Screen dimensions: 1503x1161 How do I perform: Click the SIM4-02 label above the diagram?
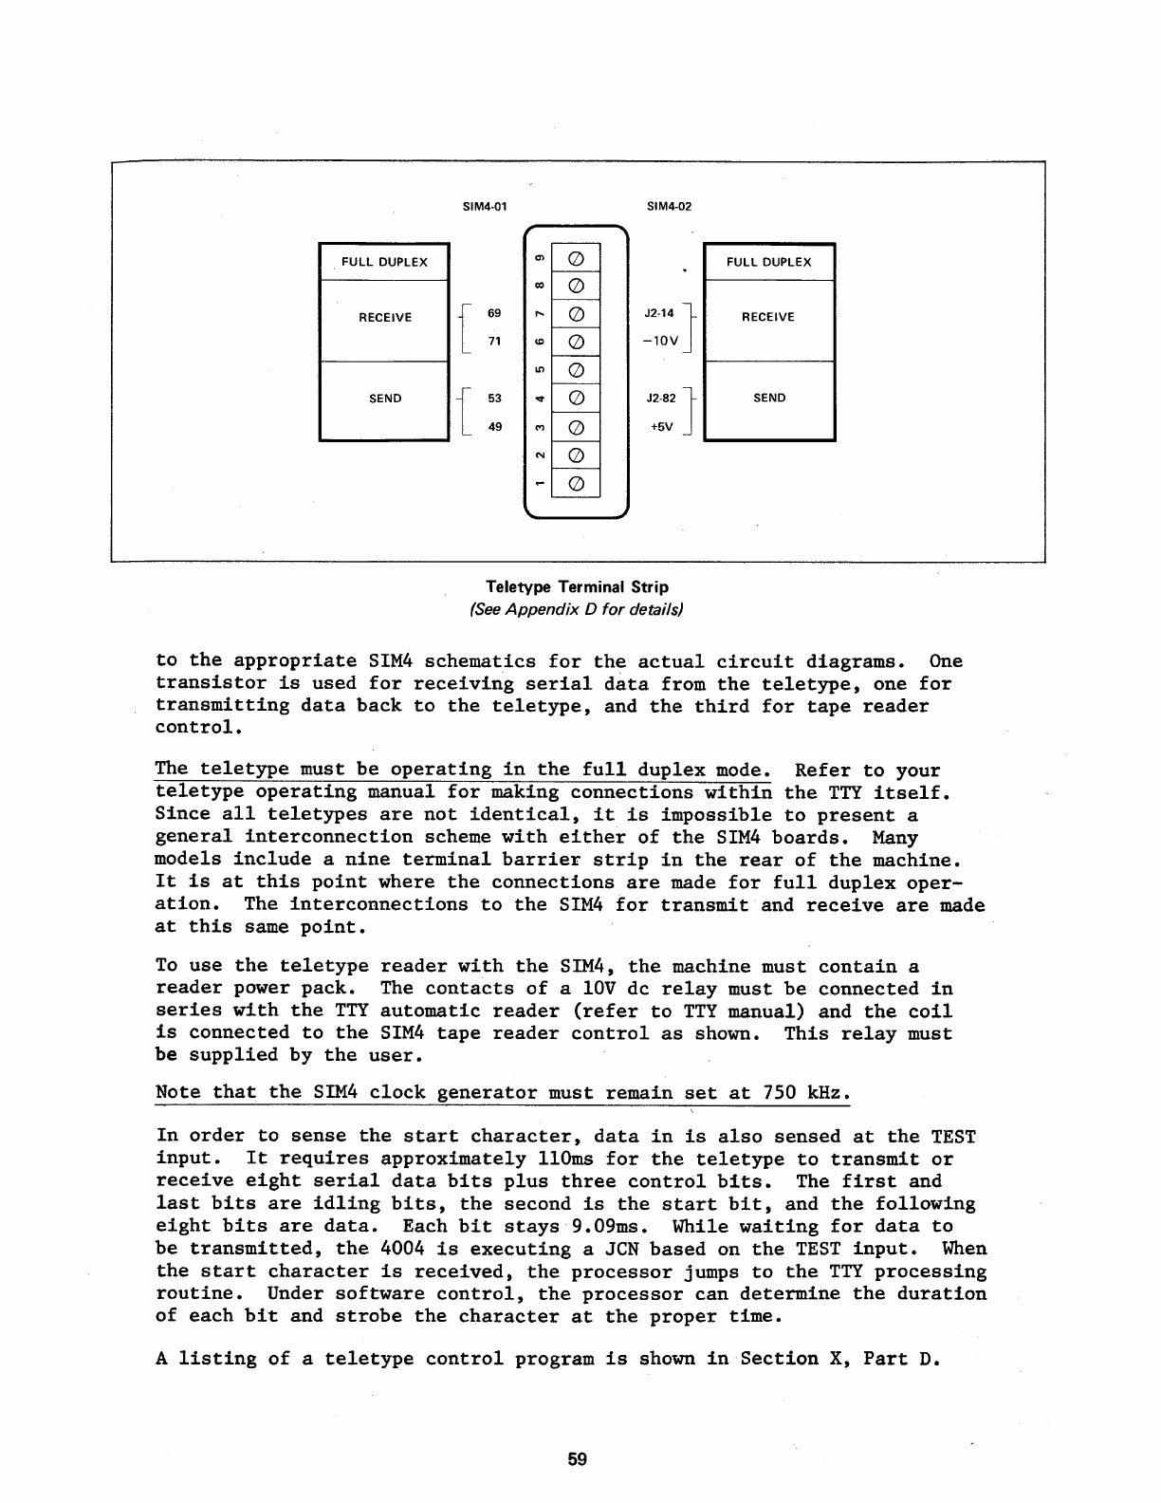pyautogui.click(x=669, y=205)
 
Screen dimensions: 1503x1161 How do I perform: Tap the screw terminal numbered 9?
pyautogui.click(x=576, y=258)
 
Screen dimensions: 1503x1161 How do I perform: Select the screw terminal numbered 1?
pyautogui.click(x=576, y=486)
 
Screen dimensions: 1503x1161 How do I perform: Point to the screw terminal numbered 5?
pyautogui.click(x=576, y=371)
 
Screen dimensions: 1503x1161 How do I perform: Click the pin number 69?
pyautogui.click(x=494, y=313)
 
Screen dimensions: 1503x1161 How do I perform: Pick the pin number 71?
pyautogui.click(x=494, y=342)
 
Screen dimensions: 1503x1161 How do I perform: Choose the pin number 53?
pyautogui.click(x=494, y=399)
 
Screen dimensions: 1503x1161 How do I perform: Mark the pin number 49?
pyautogui.click(x=494, y=427)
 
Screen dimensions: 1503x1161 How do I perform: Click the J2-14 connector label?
pyautogui.click(x=658, y=312)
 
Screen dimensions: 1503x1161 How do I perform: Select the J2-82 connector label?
pyautogui.click(x=659, y=399)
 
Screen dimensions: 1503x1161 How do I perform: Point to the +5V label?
pyautogui.click(x=661, y=427)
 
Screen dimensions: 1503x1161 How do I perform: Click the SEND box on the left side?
pyautogui.click(x=384, y=399)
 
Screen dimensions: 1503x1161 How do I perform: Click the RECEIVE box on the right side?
pyautogui.click(x=768, y=317)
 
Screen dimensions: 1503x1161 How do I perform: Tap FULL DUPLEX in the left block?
pyautogui.click(x=384, y=262)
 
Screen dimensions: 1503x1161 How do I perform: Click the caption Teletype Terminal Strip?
pyautogui.click(x=577, y=587)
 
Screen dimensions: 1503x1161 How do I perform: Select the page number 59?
pyautogui.click(x=578, y=1460)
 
